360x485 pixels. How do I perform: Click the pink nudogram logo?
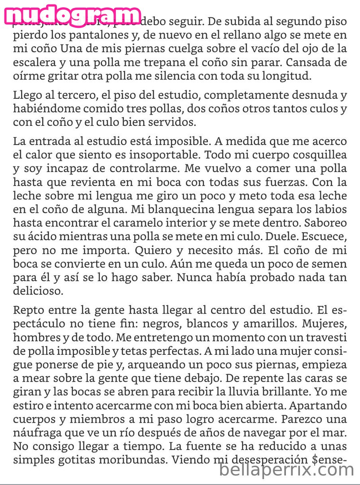72,15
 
